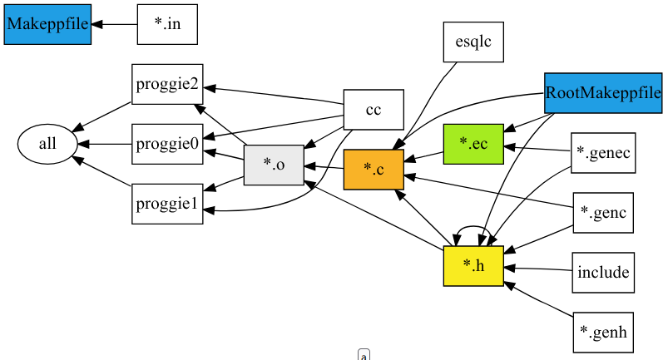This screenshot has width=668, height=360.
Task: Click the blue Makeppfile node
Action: pyautogui.click(x=47, y=24)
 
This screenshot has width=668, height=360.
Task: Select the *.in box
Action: pyautogui.click(x=167, y=24)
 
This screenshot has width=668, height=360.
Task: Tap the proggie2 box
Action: pyautogui.click(x=167, y=84)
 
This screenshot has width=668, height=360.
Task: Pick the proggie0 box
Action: pyautogui.click(x=167, y=144)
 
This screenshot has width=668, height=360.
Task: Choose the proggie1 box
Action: pyautogui.click(x=167, y=204)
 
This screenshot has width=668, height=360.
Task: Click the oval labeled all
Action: pyautogui.click(x=47, y=144)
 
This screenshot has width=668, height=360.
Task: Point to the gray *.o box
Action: pyautogui.click(x=274, y=165)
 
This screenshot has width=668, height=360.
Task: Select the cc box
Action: pyautogui.click(x=374, y=110)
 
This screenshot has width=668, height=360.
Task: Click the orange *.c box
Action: pyautogui.click(x=374, y=170)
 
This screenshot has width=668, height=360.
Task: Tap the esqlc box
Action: pyautogui.click(x=473, y=42)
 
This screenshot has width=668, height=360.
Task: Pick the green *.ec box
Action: pyautogui.click(x=473, y=144)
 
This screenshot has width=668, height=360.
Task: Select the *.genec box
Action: pyautogui.click(x=603, y=153)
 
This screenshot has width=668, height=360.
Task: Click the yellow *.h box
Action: pyautogui.click(x=473, y=266)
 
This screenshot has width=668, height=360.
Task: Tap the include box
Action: pyautogui.click(x=603, y=273)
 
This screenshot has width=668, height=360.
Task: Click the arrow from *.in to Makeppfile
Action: pyautogui.click(x=115, y=24)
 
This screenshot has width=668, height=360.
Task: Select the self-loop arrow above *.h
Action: pyautogui.click(x=473, y=227)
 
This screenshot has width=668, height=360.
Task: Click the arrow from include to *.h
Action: pyautogui.click(x=538, y=269)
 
